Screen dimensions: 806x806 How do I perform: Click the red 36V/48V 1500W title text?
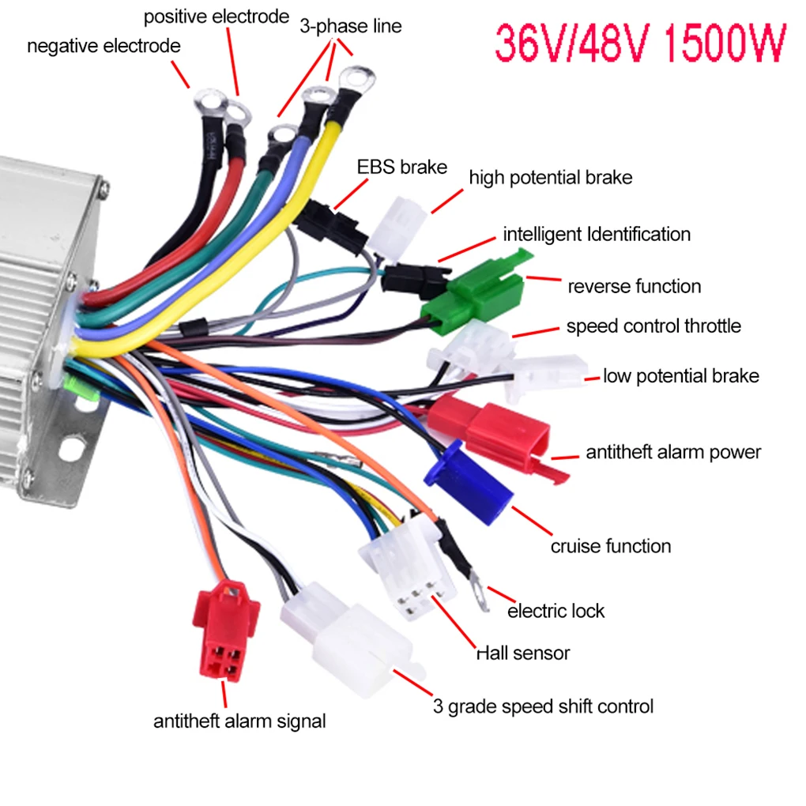click(x=641, y=43)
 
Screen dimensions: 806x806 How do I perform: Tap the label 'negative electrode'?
click(x=104, y=47)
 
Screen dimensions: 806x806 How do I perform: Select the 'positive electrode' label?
click(x=217, y=17)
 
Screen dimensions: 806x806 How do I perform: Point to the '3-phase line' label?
click(x=351, y=26)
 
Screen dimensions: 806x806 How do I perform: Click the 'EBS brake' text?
click(x=402, y=167)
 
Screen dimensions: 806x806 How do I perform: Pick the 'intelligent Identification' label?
click(x=597, y=235)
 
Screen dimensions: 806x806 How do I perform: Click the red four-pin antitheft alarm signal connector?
click(x=225, y=631)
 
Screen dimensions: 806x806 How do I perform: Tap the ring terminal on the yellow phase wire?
click(x=356, y=80)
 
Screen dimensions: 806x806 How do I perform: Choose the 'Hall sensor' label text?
click(x=523, y=653)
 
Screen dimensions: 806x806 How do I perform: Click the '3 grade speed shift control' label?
click(x=544, y=706)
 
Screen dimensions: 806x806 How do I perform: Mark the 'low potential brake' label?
click(x=681, y=376)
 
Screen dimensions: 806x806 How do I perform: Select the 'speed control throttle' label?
click(x=653, y=326)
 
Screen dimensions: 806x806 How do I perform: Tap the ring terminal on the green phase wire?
click(x=281, y=137)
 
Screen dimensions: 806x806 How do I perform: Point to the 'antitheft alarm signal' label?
click(x=239, y=721)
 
